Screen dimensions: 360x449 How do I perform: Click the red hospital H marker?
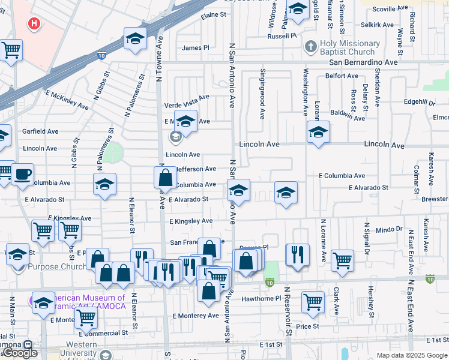(35, 24)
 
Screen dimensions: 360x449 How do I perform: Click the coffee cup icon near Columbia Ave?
(23, 175)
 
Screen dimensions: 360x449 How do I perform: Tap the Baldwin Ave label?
(347, 115)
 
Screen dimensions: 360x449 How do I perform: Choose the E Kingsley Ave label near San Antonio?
(191, 221)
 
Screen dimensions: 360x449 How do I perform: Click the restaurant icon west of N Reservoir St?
(297, 254)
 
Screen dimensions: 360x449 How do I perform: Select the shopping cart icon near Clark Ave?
(342, 260)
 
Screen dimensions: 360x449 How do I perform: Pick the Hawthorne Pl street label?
(261, 298)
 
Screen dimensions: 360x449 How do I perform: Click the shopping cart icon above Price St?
(313, 301)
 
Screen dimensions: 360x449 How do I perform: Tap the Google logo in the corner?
(20, 353)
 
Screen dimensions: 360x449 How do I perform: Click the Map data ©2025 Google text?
(411, 355)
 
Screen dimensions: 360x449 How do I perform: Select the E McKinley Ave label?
(67, 100)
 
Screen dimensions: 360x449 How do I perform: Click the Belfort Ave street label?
(342, 76)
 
